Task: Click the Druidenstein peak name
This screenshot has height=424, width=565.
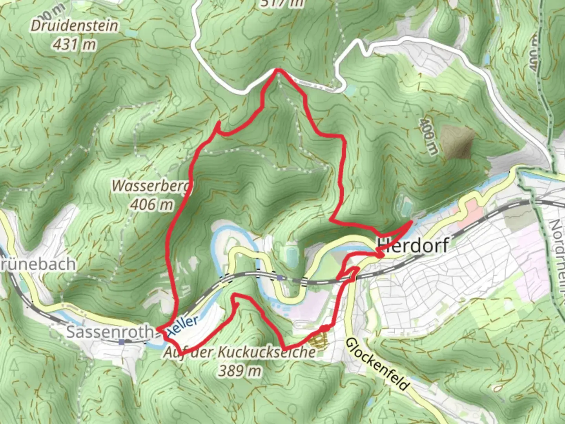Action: point(74,26)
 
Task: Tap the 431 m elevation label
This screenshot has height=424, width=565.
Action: point(74,44)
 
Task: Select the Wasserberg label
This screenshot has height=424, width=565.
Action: point(151,186)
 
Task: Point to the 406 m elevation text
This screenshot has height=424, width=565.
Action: point(151,204)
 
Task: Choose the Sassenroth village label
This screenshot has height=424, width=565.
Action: point(109,332)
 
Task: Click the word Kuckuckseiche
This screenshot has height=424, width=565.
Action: point(266,352)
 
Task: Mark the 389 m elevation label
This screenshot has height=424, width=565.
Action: point(240,370)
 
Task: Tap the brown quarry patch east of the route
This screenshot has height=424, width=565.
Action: point(457,140)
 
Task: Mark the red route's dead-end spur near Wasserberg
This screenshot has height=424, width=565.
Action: point(217,124)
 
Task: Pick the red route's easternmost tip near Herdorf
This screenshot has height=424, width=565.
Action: point(411,222)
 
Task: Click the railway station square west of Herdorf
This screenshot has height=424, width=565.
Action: point(279,278)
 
